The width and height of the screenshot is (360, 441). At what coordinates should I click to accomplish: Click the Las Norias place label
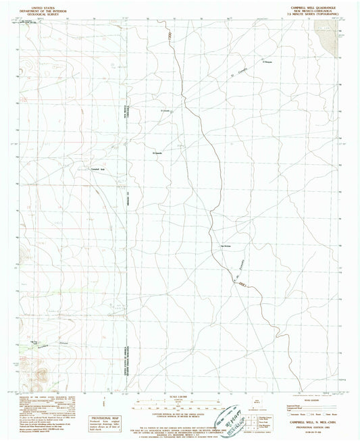point(227,246)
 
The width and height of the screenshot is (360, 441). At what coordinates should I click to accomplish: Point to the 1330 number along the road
point(169,40)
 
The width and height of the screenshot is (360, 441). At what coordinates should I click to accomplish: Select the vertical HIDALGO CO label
point(126,203)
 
